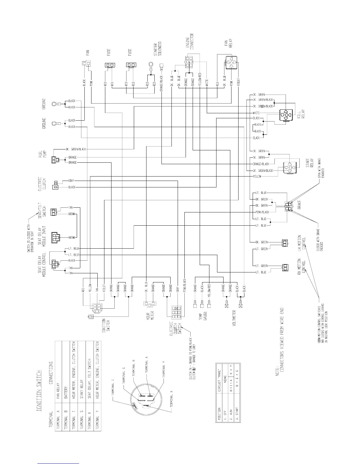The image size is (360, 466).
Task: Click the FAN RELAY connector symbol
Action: [231, 62]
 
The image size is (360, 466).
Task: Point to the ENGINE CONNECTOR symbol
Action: [189, 61]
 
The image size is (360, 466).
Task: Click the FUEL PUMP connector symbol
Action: [55, 160]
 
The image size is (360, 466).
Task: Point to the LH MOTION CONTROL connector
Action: [285, 243]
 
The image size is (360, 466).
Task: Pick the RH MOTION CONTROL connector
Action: [285, 267]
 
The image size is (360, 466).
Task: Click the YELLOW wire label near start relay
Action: [257, 177]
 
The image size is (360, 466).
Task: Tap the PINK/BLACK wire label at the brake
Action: [261, 212]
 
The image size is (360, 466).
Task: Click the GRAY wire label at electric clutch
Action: [71, 181]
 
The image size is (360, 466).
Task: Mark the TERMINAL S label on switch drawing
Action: [125, 376]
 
